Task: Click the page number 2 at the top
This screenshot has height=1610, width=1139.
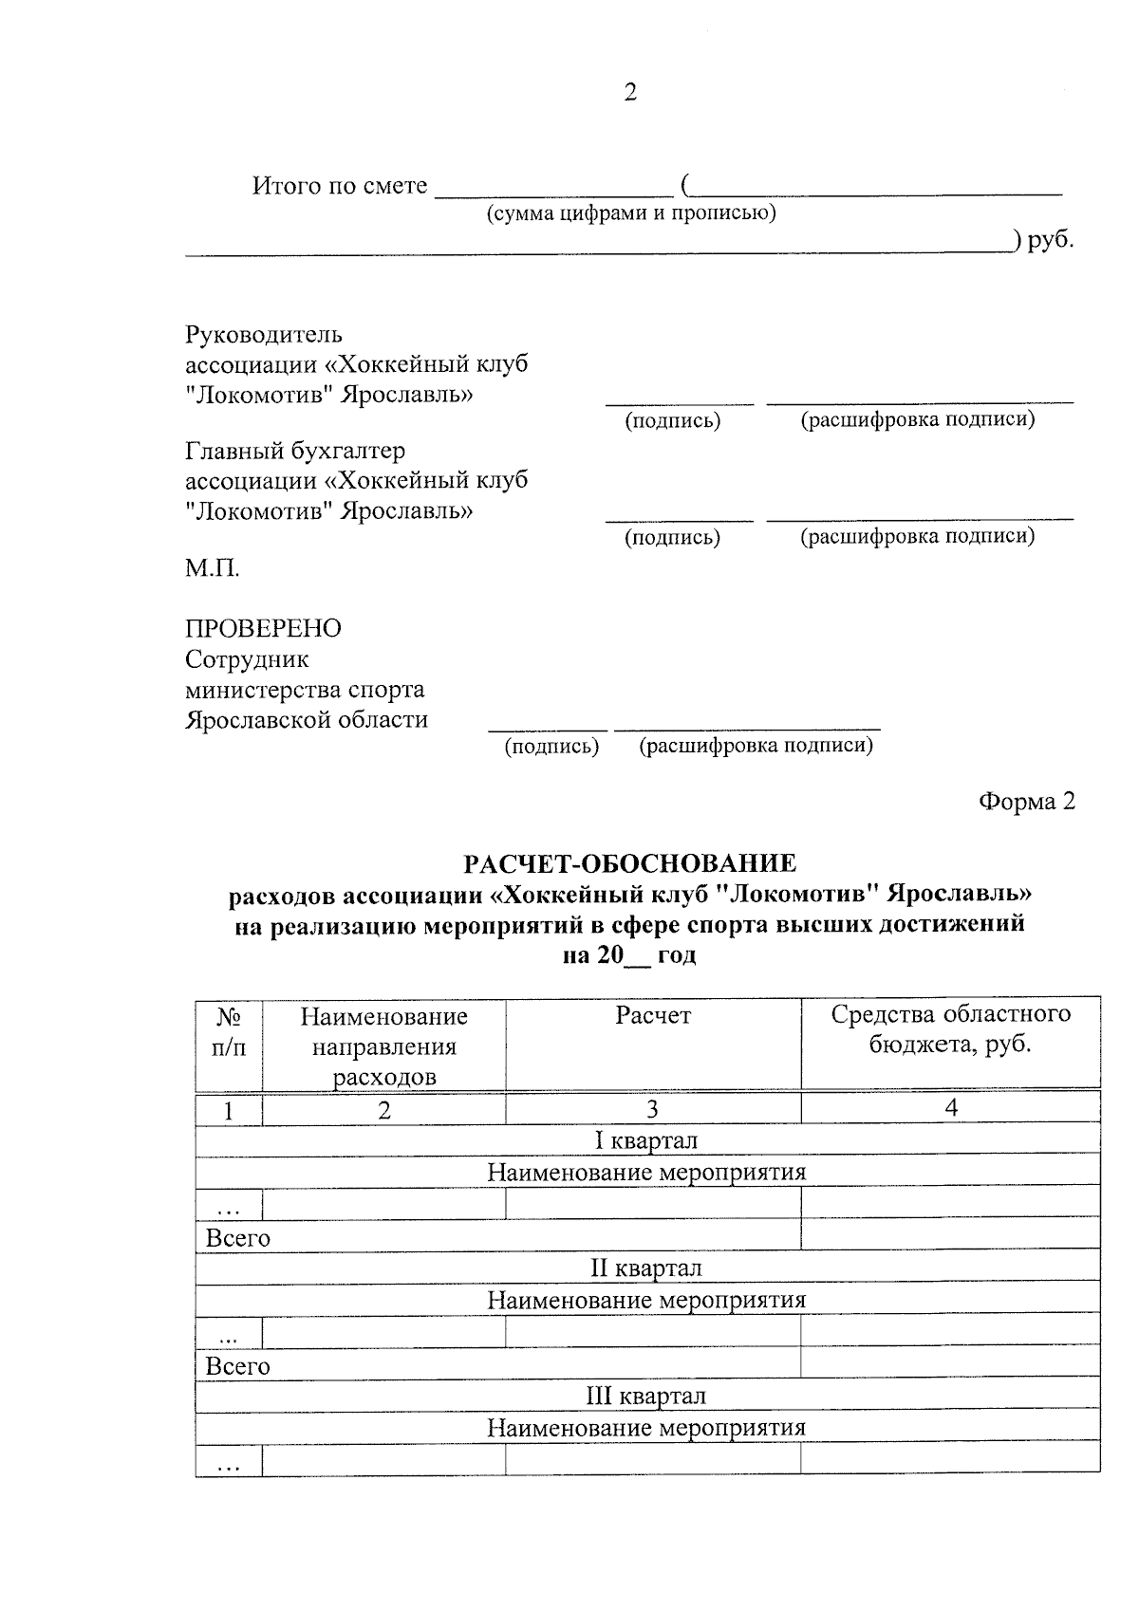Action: [630, 92]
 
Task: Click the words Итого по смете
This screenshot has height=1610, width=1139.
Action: [340, 186]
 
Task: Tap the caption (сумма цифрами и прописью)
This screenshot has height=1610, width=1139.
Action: [631, 213]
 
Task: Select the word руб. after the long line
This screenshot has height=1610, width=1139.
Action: [1052, 240]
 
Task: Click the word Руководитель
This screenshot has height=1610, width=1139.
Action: [263, 334]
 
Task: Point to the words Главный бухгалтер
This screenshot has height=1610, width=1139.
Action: [295, 451]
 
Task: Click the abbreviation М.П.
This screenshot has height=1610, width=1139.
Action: [212, 568]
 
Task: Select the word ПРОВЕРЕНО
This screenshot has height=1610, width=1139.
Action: [263, 628]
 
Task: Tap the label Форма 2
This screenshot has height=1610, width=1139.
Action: [1027, 802]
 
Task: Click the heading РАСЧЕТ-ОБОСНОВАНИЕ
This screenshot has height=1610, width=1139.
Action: [630, 863]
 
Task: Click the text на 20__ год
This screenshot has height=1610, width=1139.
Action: [630, 954]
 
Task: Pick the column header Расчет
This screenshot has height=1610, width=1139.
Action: [653, 1016]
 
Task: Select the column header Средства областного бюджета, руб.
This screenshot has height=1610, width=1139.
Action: [950, 1029]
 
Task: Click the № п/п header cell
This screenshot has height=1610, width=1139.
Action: [228, 1032]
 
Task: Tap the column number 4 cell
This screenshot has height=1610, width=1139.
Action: [951, 1108]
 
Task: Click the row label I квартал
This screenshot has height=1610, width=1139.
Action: [646, 1139]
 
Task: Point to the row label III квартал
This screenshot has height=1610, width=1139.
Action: [646, 1396]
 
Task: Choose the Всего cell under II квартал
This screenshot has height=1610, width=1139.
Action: [238, 1365]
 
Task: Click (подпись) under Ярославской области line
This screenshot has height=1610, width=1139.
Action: [551, 746]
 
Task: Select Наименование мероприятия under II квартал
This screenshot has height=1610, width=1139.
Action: [646, 1299]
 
